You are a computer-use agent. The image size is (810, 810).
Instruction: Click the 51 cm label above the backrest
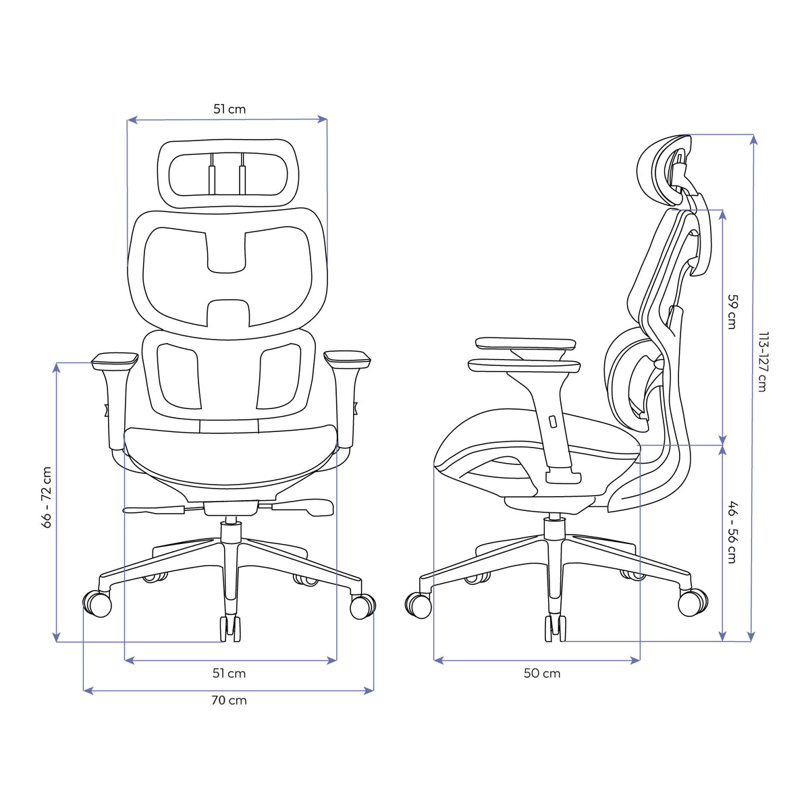pos(230,109)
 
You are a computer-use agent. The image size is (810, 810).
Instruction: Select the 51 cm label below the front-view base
pos(230,673)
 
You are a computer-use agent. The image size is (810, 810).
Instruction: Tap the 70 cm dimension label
pos(230,700)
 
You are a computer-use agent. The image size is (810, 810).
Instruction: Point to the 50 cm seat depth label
pos(542,673)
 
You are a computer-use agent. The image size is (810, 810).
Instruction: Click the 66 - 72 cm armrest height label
pos(47,497)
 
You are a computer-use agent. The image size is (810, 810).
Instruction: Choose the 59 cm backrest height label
pos(731,310)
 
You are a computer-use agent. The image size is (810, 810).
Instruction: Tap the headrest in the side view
pos(665,169)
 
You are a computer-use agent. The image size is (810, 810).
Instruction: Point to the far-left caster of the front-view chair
pos(97,603)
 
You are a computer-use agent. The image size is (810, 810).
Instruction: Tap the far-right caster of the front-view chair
pos(362,605)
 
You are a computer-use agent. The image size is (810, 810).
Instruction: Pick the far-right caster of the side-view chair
pos(692,602)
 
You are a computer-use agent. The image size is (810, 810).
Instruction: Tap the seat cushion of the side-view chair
pos(533,439)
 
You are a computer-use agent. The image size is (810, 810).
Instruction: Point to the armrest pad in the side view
pos(525,365)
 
